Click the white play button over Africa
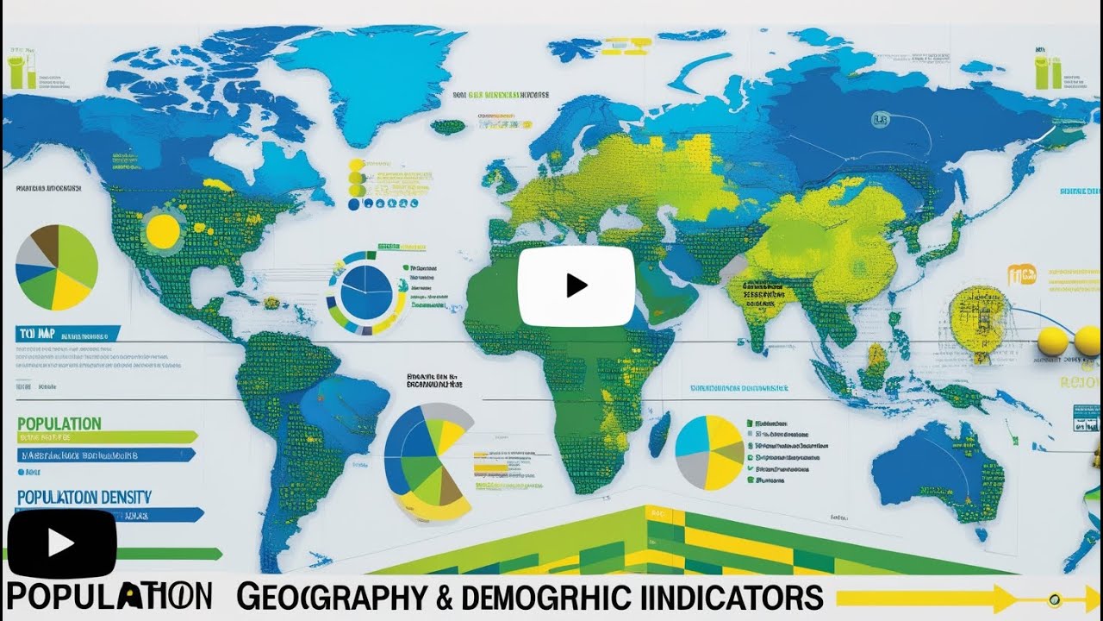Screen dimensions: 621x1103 pos(576,285)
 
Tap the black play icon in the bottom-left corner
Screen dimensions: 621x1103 pos(61,543)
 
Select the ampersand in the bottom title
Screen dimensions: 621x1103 pos(446,597)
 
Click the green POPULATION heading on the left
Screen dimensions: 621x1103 pos(59,423)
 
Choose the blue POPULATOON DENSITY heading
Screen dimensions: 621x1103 pos(84,497)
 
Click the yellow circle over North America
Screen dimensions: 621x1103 pos(162,230)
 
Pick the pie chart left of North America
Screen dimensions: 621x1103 pos(57,267)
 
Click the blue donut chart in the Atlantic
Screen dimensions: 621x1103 pos(366,293)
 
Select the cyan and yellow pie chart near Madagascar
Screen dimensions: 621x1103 pos(709,453)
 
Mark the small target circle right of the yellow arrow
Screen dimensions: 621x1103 pos(1054,599)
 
